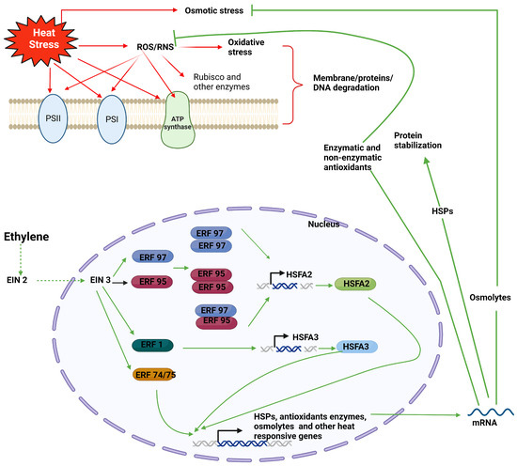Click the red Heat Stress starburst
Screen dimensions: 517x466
pyautogui.click(x=41, y=39)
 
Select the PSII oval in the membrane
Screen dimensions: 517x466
pyautogui.click(x=53, y=118)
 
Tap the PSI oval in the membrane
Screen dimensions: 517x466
pyautogui.click(x=112, y=119)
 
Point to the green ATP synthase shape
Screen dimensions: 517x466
pyautogui.click(x=178, y=120)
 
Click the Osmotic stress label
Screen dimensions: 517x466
pyautogui.click(x=214, y=10)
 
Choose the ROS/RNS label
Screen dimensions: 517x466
pyautogui.click(x=155, y=47)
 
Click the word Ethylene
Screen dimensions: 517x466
pyautogui.click(x=26, y=237)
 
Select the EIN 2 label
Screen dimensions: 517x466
pyautogui.click(x=17, y=280)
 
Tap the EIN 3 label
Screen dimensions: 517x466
pyautogui.click(x=101, y=280)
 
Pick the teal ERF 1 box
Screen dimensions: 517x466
pyautogui.click(x=152, y=345)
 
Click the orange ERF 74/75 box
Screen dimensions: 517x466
pyautogui.click(x=154, y=375)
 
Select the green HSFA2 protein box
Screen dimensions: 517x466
pyautogui.click(x=355, y=284)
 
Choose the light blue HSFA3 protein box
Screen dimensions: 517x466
pyautogui.click(x=356, y=347)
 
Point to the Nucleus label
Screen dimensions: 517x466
pyautogui.click(x=323, y=225)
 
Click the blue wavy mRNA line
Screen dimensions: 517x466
pyautogui.click(x=491, y=412)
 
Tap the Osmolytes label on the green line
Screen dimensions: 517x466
pyautogui.click(x=490, y=298)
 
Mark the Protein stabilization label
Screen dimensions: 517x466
pyautogui.click(x=417, y=140)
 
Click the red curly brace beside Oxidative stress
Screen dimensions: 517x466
pyautogui.click(x=293, y=85)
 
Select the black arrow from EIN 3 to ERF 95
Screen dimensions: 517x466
pyautogui.click(x=119, y=283)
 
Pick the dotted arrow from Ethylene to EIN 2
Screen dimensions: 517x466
pyautogui.click(x=21, y=259)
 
